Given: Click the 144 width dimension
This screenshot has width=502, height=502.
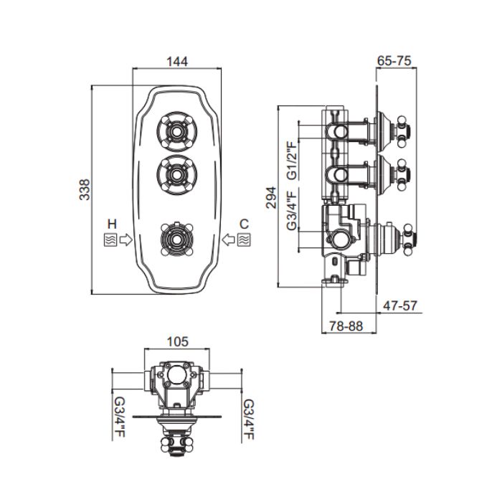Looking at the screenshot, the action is (x=177, y=62).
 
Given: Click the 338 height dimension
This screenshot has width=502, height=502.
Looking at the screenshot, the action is (x=85, y=189).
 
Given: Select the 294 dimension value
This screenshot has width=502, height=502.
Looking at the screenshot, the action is (x=271, y=197).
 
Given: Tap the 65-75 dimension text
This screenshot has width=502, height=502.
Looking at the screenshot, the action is (x=394, y=60).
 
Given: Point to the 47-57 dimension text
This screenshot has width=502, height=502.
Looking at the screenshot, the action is (x=400, y=306).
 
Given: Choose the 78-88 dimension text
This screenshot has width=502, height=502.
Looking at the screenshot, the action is (x=346, y=326).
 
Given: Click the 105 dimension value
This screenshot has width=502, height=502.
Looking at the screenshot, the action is (x=178, y=342).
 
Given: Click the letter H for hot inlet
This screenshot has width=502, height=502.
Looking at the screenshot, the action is (x=112, y=224).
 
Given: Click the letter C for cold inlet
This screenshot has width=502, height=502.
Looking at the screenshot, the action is (x=244, y=224).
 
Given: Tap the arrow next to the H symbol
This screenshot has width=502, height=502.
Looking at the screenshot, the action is (x=126, y=240).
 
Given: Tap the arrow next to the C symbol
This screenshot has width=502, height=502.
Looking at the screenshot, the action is (x=228, y=240).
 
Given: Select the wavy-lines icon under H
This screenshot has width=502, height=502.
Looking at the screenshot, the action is (x=110, y=240).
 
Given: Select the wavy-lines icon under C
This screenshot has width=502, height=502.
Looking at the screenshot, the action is (x=244, y=240).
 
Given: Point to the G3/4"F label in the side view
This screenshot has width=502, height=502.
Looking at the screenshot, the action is (x=292, y=209).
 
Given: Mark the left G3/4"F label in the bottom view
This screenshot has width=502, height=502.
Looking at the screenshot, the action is (x=120, y=418).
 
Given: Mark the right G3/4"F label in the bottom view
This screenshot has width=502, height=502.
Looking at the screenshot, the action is (x=248, y=419).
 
